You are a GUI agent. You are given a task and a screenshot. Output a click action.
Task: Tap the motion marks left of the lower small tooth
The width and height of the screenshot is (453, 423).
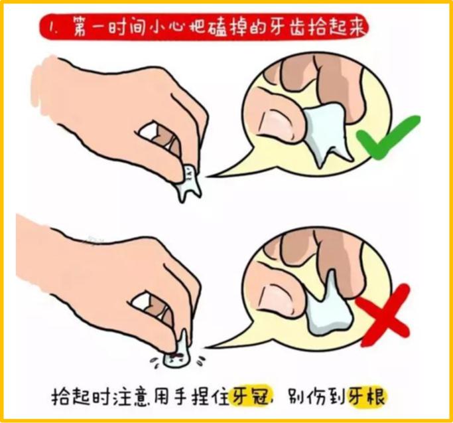157,358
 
